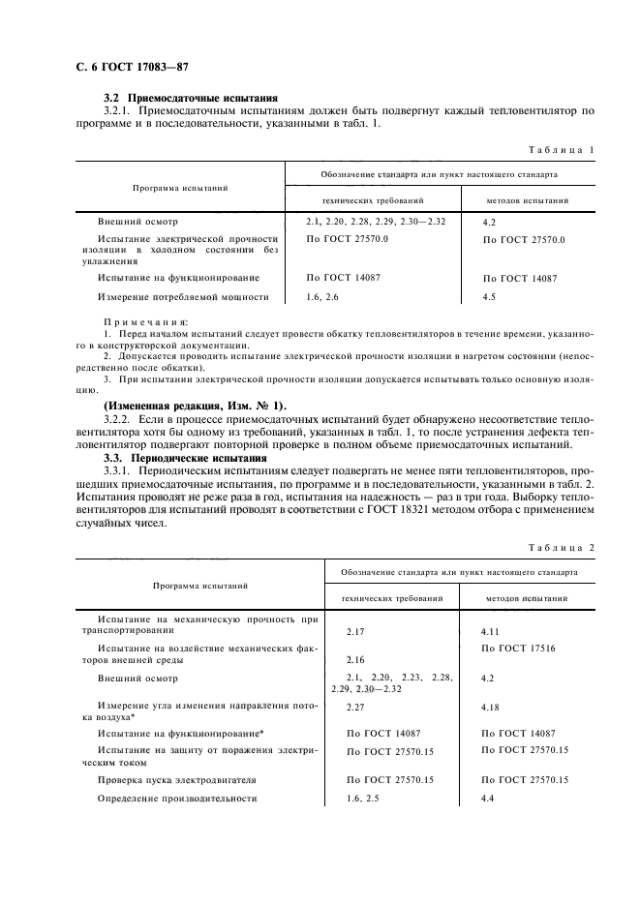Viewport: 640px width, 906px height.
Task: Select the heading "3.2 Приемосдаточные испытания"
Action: (x=191, y=98)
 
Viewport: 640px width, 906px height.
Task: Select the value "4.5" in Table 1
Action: (x=489, y=297)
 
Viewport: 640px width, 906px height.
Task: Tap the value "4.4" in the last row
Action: (x=487, y=799)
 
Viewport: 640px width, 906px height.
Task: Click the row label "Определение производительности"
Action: (x=177, y=799)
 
